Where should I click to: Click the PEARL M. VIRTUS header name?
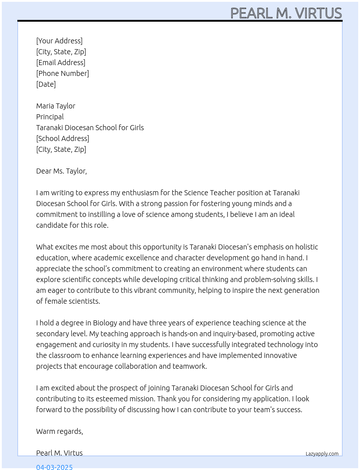(286, 13)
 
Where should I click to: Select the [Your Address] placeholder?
(59, 41)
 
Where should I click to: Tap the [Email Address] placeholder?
(61, 63)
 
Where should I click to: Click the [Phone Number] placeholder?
(63, 73)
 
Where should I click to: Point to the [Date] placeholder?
(46, 84)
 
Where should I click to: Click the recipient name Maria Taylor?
(56, 106)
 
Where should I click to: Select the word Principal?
(50, 117)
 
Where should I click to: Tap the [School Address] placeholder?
(63, 138)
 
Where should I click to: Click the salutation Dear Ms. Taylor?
(61, 171)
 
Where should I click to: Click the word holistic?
(307, 247)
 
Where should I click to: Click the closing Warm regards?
(60, 431)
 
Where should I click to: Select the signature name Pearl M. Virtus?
(59, 453)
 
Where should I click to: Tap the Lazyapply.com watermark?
(322, 454)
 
